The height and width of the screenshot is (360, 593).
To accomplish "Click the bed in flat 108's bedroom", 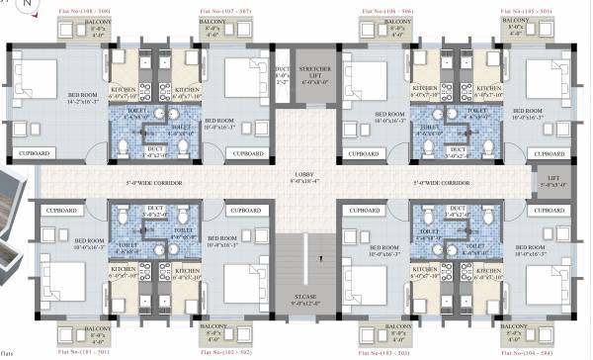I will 43,78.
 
